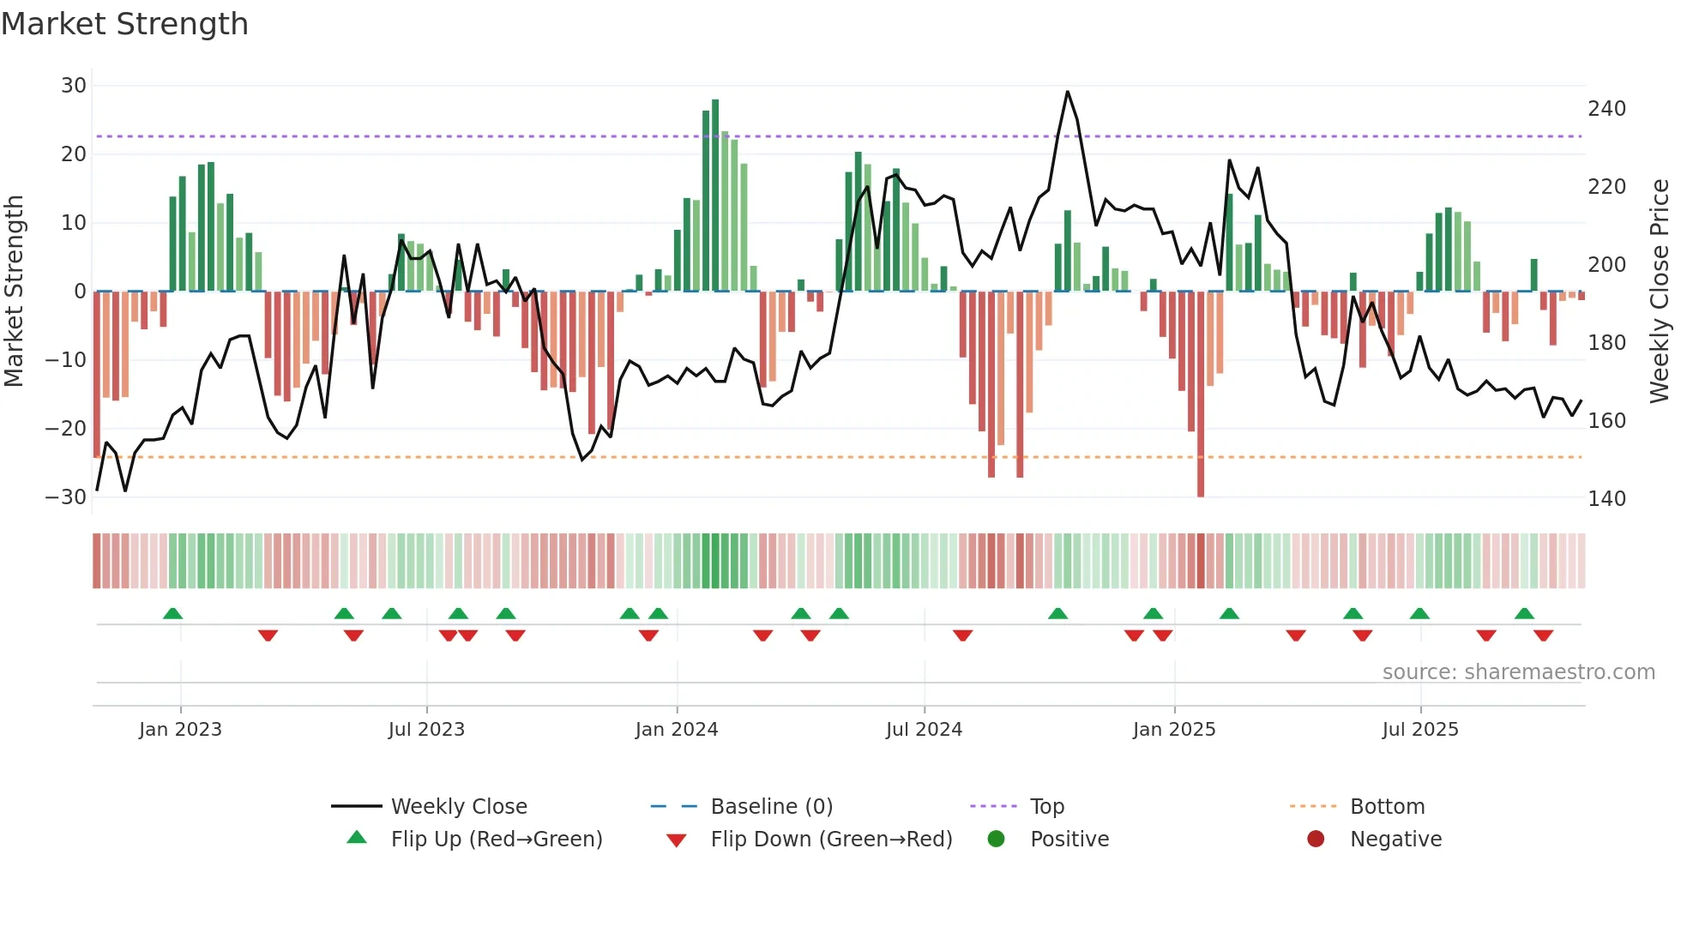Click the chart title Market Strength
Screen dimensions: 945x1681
[x=124, y=24]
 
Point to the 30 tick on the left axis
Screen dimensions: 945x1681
[x=74, y=86]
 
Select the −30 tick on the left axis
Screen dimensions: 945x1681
[x=66, y=497]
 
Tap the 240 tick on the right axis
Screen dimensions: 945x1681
[x=1606, y=109]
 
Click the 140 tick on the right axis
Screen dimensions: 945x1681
[x=1606, y=499]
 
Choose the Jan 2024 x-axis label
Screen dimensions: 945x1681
[x=677, y=730]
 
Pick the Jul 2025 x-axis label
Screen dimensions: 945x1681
[x=1420, y=730]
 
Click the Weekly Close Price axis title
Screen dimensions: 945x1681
[x=1660, y=292]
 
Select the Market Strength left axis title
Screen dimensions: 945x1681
[x=15, y=292]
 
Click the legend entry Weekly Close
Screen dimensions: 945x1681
[x=459, y=807]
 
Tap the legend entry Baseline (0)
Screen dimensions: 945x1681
[x=771, y=807]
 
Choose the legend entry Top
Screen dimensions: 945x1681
[x=1047, y=807]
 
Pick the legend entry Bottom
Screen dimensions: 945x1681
[x=1387, y=807]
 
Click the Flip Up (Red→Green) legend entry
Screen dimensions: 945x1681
[x=497, y=840]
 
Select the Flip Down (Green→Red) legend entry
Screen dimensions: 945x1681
[x=831, y=840]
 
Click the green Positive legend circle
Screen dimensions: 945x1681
[x=996, y=840]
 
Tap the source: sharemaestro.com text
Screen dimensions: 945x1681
[x=1518, y=672]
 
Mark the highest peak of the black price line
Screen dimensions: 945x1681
[x=1068, y=92]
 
